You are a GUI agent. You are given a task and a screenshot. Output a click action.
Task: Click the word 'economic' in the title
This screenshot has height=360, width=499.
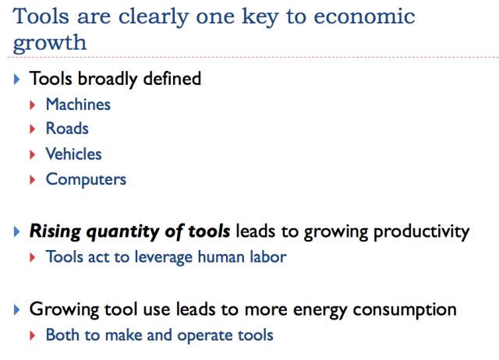click(364, 16)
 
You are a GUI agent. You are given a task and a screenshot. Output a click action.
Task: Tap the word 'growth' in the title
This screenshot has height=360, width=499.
click(50, 44)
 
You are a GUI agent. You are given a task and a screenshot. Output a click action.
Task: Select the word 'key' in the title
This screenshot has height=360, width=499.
click(260, 17)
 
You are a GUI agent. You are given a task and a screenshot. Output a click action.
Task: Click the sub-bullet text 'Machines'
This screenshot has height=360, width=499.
click(78, 104)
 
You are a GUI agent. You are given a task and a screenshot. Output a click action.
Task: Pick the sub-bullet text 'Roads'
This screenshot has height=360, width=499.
click(67, 129)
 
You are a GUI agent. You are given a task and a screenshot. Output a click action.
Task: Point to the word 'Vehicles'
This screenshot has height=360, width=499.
click(73, 154)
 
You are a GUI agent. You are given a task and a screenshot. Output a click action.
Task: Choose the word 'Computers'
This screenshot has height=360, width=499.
click(86, 180)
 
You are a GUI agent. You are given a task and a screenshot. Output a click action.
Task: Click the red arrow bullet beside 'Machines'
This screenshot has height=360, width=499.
click(32, 105)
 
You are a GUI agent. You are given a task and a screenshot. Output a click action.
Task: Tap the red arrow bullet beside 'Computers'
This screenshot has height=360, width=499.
click(32, 180)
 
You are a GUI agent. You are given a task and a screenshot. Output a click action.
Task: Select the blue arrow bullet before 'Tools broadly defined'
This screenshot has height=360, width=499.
click(17, 79)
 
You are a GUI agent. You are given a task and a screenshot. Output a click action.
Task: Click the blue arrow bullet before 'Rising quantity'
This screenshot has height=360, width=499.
click(17, 231)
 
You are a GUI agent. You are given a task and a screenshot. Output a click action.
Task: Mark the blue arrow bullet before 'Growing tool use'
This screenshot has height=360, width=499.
click(17, 310)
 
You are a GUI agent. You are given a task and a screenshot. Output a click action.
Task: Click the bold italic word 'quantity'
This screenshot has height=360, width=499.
click(122, 232)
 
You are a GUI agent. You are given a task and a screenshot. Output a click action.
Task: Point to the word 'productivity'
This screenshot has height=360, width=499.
click(422, 232)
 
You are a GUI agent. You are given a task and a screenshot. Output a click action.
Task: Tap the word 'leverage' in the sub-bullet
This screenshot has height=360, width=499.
click(163, 258)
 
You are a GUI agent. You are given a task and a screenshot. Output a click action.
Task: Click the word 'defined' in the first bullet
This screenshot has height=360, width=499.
click(172, 79)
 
